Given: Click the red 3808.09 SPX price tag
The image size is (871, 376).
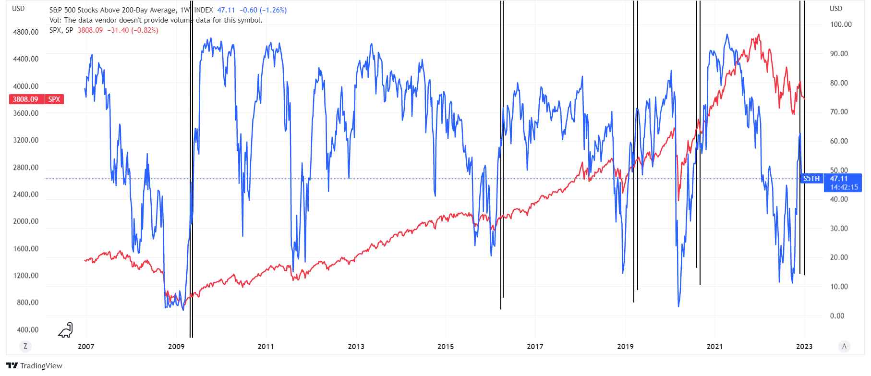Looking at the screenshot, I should pyautogui.click(x=36, y=99).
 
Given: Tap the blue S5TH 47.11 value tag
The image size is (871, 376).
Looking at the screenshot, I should pyautogui.click(x=832, y=179).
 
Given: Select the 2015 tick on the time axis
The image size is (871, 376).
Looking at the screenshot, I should pyautogui.click(x=446, y=347).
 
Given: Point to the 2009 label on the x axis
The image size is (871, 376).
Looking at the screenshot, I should pyautogui.click(x=176, y=347).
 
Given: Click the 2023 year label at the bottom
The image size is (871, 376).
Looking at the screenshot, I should pyautogui.click(x=804, y=347).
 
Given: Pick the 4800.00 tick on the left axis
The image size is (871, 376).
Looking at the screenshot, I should pyautogui.click(x=26, y=32).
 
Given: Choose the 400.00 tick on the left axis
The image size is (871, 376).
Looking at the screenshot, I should pyautogui.click(x=27, y=330).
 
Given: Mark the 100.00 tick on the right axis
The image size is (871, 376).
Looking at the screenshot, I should pyautogui.click(x=841, y=24).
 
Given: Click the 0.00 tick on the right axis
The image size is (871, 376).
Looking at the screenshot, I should pyautogui.click(x=837, y=316).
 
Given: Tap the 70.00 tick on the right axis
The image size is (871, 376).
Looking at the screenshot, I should pyautogui.click(x=839, y=112).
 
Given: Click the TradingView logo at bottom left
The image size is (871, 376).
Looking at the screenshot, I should pyautogui.click(x=35, y=366).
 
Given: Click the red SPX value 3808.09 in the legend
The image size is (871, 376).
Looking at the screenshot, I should pyautogui.click(x=90, y=30).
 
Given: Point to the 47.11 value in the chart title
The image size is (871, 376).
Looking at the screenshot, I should pyautogui.click(x=226, y=10).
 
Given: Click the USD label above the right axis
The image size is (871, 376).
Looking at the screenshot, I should pyautogui.click(x=836, y=9).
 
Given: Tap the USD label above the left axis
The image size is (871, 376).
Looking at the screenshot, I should pyautogui.click(x=18, y=9).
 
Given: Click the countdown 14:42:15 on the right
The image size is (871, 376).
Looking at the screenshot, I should pyautogui.click(x=844, y=187).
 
